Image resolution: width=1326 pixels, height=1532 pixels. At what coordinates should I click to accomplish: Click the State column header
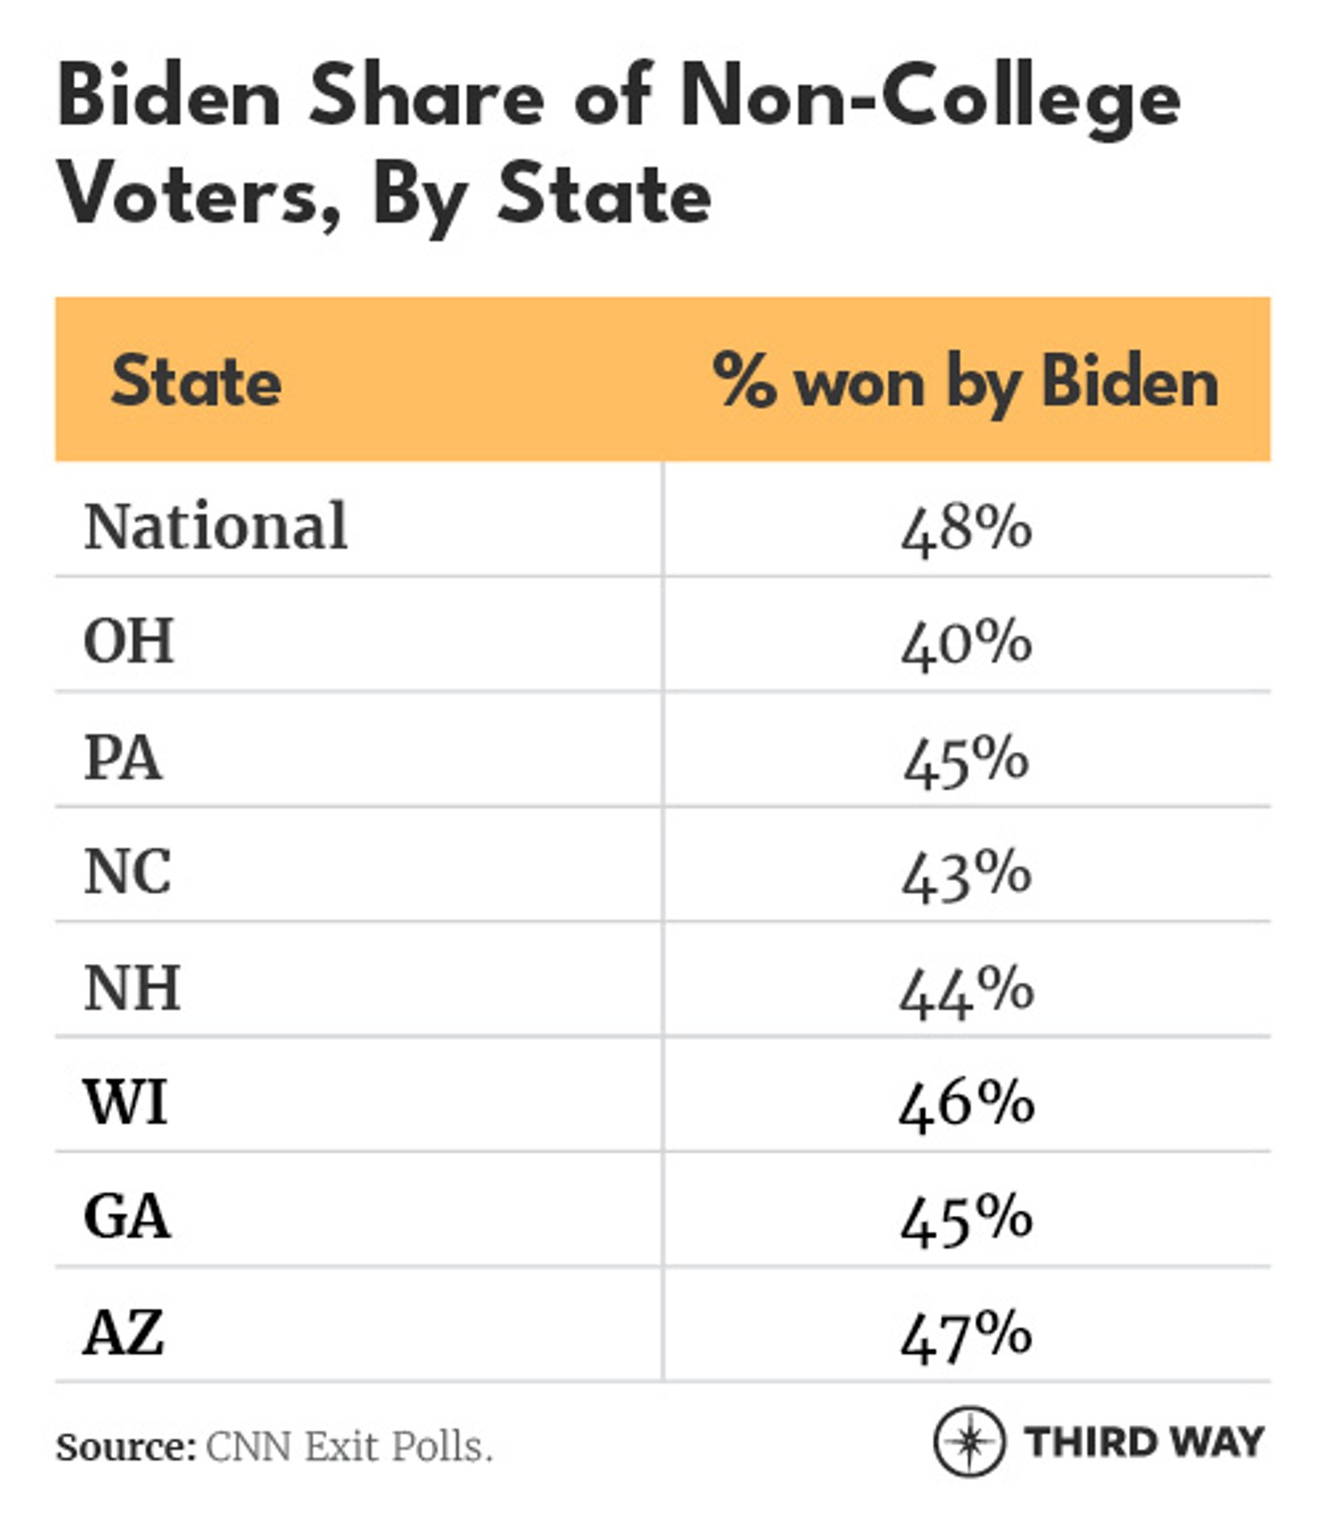(x=195, y=381)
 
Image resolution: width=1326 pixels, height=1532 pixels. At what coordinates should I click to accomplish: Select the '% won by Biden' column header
(x=965, y=381)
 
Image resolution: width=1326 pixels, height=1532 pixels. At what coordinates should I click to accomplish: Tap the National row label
(x=215, y=526)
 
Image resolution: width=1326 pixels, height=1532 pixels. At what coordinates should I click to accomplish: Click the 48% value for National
(x=966, y=528)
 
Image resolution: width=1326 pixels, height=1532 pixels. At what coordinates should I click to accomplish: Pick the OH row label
(x=128, y=641)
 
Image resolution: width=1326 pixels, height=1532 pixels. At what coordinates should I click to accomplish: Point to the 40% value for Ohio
(x=966, y=643)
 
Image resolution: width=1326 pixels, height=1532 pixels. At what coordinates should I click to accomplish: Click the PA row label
(x=123, y=758)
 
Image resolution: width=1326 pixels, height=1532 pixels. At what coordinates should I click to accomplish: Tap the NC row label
(x=127, y=872)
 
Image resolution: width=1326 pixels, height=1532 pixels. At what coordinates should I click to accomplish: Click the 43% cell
(x=966, y=874)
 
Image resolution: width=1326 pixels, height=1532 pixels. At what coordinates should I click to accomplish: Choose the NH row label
(x=132, y=987)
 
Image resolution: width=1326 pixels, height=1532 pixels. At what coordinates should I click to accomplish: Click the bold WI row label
(x=125, y=1102)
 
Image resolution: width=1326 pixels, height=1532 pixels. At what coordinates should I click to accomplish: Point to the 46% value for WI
(x=966, y=1104)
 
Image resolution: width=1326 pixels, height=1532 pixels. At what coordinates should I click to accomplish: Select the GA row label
(x=126, y=1217)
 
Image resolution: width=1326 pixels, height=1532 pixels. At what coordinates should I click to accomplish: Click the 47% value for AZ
(x=966, y=1334)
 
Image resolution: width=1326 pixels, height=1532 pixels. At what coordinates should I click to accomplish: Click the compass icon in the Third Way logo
(x=969, y=1442)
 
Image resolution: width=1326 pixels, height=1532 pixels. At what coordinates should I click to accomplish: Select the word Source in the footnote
(x=125, y=1447)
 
